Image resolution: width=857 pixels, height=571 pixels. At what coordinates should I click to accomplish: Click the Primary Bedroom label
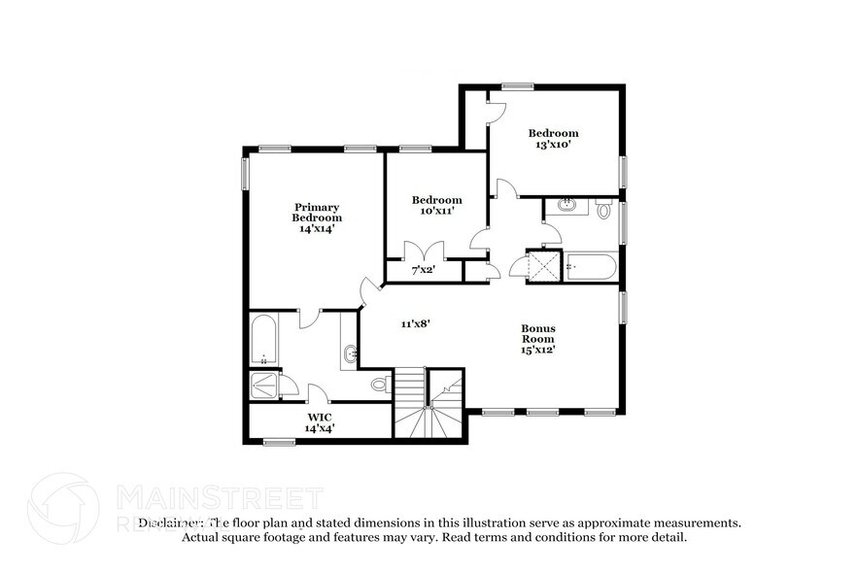(x=318, y=212)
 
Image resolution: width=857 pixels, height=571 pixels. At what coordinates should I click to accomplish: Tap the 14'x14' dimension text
(x=318, y=229)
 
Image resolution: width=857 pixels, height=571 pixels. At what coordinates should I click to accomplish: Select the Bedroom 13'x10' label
(x=553, y=139)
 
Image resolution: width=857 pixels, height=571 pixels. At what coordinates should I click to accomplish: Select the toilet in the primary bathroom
(x=380, y=385)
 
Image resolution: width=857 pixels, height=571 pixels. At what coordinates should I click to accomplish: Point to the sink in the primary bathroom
(x=349, y=354)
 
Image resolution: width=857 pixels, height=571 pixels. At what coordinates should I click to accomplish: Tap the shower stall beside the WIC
(x=264, y=386)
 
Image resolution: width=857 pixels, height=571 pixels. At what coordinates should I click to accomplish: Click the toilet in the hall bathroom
(x=603, y=209)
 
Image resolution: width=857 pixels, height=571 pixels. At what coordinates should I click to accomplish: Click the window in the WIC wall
(x=279, y=443)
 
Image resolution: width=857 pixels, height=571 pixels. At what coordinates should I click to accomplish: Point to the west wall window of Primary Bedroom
(x=245, y=172)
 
